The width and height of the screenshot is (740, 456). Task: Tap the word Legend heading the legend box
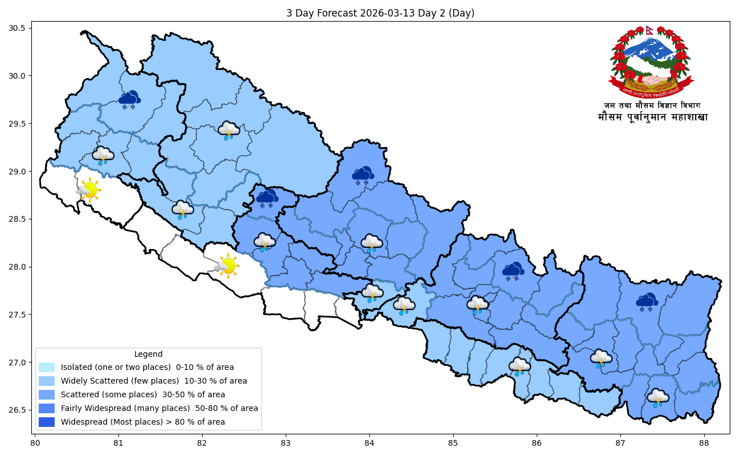pyautogui.click(x=148, y=354)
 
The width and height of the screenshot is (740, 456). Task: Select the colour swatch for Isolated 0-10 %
pyautogui.click(x=47, y=367)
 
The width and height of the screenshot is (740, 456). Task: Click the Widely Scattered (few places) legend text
pyautogui.click(x=154, y=381)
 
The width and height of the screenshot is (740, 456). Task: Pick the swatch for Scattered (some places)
pyautogui.click(x=47, y=394)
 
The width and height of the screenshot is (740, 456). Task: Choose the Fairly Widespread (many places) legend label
pyautogui.click(x=159, y=408)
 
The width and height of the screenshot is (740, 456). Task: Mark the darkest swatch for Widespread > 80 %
pyautogui.click(x=47, y=422)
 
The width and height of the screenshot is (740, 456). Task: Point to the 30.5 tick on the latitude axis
pyautogui.click(x=23, y=28)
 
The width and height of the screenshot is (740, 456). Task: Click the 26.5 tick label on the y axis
pyautogui.click(x=23, y=410)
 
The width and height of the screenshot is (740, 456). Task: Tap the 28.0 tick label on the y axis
pyautogui.click(x=23, y=267)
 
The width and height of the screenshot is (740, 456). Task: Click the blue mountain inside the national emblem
pyautogui.click(x=649, y=48)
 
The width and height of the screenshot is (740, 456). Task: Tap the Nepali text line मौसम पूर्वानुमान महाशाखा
pyautogui.click(x=652, y=117)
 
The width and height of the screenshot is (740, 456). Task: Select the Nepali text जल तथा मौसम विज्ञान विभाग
pyautogui.click(x=652, y=105)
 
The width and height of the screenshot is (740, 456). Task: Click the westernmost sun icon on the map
pyautogui.click(x=89, y=190)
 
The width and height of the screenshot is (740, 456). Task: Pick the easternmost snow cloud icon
pyautogui.click(x=647, y=302)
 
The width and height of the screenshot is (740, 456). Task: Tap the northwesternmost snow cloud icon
pyautogui.click(x=130, y=100)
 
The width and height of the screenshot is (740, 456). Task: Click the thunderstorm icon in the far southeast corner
pyautogui.click(x=658, y=397)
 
